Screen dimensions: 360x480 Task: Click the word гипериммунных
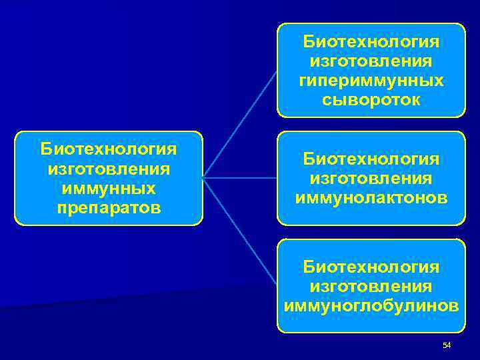point(371,81)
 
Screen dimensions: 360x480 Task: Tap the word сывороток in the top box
point(371,100)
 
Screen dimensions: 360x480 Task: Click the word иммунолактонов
point(371,198)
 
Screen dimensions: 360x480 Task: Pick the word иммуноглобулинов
point(371,306)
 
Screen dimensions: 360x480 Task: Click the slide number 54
point(447,345)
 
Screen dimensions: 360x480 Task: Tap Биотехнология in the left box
point(109,148)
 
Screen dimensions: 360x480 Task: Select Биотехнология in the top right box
point(371,42)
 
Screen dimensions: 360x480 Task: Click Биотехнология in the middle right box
point(371,159)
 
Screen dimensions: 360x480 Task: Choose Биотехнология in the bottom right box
point(371,267)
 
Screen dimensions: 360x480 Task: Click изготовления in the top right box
point(371,61)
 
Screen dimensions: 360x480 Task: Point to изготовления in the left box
point(109,168)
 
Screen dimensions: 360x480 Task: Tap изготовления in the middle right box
point(371,179)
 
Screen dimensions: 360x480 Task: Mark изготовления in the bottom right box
point(371,287)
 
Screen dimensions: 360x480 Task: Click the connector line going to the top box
point(240,124)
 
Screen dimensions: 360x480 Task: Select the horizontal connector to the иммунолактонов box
point(240,178)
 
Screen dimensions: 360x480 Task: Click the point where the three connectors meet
point(203,178)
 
